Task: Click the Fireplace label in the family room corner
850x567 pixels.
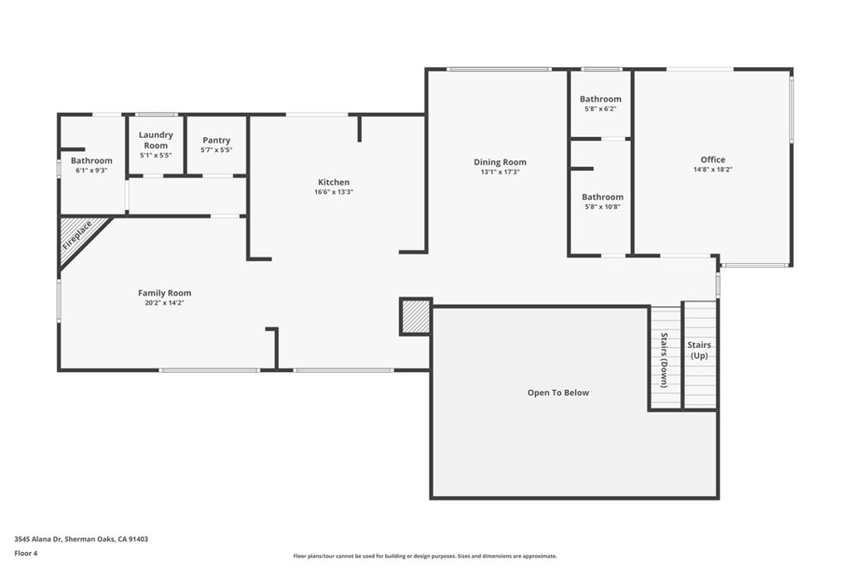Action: [77, 235]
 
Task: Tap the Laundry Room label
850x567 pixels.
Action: [156, 139]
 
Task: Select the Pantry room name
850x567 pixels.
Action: [217, 140]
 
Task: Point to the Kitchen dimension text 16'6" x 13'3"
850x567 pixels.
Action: [334, 192]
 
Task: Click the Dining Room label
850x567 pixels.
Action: [500, 162]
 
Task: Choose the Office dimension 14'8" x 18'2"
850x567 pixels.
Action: [712, 169]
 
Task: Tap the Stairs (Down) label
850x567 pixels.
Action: [664, 359]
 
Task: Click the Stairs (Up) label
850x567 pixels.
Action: [700, 350]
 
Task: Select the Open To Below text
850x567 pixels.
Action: [558, 393]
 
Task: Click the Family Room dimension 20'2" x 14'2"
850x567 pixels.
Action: [164, 303]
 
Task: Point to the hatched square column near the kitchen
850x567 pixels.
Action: [415, 316]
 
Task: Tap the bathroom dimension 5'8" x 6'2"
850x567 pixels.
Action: [600, 109]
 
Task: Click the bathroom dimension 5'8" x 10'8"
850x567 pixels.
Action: [602, 207]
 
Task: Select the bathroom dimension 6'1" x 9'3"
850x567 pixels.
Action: [91, 169]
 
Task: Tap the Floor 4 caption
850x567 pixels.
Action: [27, 552]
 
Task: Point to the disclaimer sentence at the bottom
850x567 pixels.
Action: [424, 556]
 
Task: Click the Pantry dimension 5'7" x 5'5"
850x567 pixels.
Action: [217, 150]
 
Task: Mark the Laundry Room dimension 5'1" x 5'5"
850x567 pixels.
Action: [156, 155]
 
